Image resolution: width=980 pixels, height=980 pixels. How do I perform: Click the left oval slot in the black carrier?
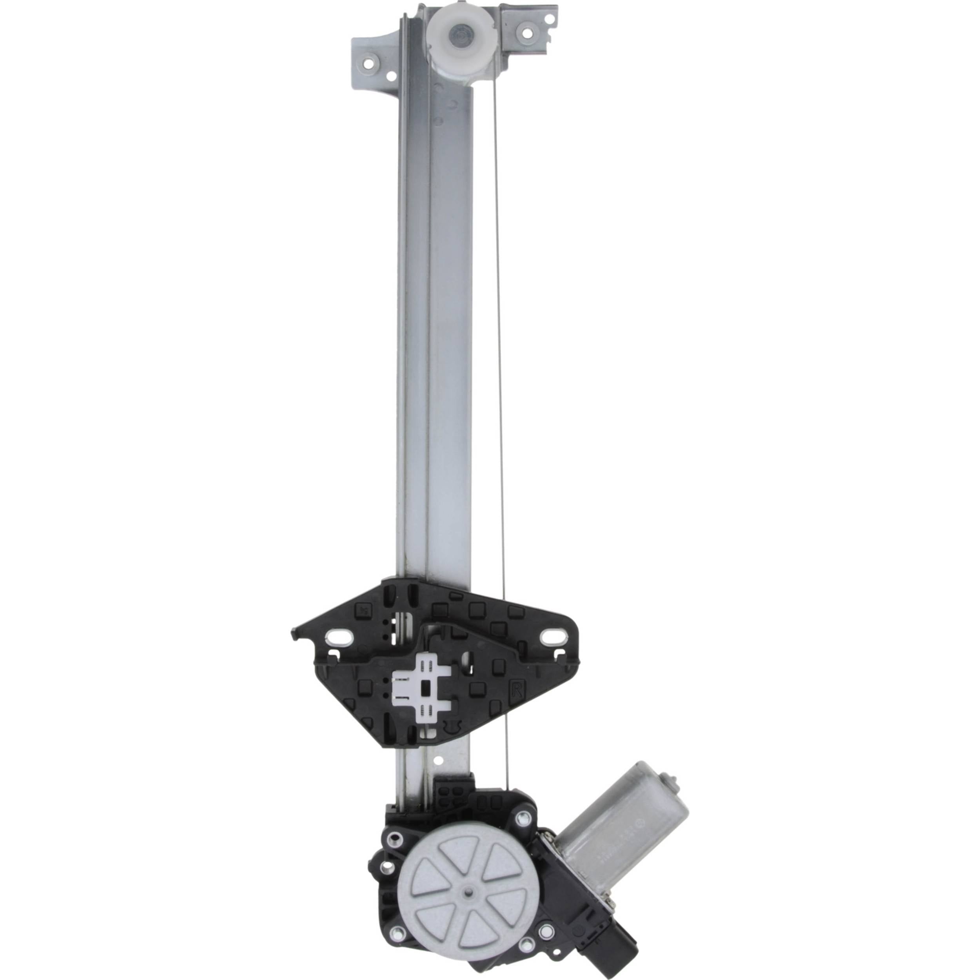point(338,635)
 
